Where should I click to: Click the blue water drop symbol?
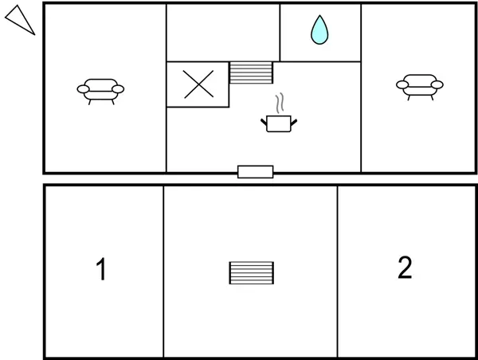pos(319,30)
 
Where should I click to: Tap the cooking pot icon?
pos(279,123)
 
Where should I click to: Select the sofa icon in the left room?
pos(100,92)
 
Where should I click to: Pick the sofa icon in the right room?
pos(420,87)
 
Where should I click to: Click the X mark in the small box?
pos(198,84)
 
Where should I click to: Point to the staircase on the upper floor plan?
pos(251,72)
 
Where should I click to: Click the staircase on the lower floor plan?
pos(252,273)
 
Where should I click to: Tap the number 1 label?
pos(101,268)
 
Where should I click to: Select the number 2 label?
pos(405,268)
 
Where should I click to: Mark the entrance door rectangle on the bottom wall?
pos(256,171)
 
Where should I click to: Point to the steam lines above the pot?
pos(280,104)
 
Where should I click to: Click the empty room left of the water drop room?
pos(223,33)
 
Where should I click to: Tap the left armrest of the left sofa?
pos(83,89)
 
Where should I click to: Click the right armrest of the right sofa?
pos(437,84)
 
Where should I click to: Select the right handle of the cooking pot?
pos(294,123)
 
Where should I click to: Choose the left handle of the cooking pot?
pos(264,123)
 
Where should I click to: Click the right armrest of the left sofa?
pos(118,89)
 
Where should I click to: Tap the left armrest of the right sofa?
pos(402,84)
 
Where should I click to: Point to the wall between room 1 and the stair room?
pos(163,272)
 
